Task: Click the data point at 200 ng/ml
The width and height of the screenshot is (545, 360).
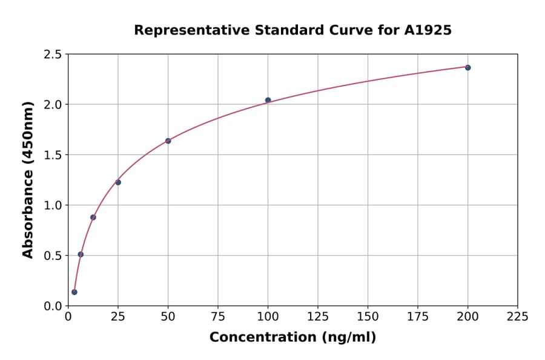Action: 467,67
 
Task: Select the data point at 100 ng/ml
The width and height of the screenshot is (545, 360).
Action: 268,100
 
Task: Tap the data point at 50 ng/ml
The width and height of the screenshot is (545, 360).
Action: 168,141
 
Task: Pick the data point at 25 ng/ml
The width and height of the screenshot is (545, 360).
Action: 118,182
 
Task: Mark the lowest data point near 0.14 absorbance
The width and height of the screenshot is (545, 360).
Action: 74,292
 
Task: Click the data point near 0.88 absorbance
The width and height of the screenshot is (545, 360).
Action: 93,217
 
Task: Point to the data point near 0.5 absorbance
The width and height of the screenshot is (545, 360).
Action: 81,254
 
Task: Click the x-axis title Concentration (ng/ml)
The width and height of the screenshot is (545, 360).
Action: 292,337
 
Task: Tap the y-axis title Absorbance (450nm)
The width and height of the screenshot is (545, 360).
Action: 28,179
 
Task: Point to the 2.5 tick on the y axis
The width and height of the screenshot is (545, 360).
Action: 53,55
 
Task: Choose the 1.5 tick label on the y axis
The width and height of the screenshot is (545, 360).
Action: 53,155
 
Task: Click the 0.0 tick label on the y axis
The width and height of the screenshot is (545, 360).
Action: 53,306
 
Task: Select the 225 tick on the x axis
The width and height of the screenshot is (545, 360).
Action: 518,316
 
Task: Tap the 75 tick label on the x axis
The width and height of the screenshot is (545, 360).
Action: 218,316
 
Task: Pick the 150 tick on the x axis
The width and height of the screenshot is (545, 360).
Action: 368,316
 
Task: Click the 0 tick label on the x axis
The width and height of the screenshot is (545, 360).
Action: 68,316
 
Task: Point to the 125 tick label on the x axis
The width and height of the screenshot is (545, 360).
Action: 318,316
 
